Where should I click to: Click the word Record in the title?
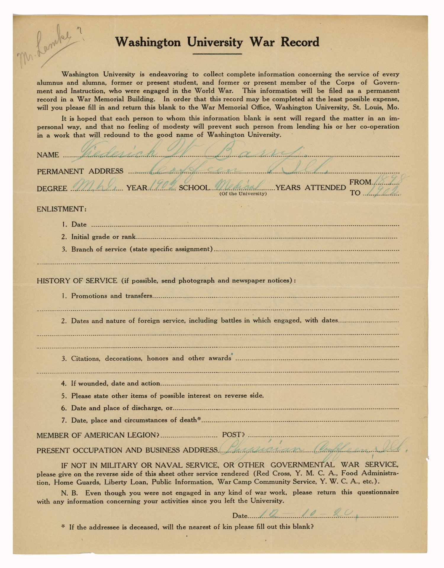click(300, 42)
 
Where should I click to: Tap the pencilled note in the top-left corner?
click(47, 47)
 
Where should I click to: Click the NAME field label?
click(48, 155)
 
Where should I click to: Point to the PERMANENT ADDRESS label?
click(80, 171)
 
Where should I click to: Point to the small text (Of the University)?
click(243, 194)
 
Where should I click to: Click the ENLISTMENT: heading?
click(62, 209)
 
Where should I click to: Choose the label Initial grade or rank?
click(103, 237)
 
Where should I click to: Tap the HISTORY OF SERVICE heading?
click(77, 281)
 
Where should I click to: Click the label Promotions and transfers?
click(112, 296)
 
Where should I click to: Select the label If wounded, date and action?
click(115, 383)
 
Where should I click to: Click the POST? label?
click(233, 435)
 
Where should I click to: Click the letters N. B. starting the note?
click(69, 493)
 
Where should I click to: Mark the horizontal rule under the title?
click(217, 54)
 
